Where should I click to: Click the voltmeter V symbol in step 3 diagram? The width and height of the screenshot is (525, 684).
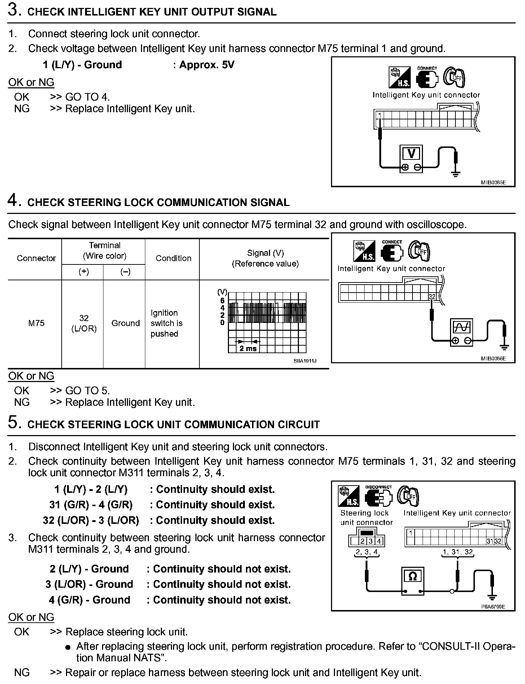point(411,154)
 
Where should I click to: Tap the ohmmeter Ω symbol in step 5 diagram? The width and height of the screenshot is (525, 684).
point(412,576)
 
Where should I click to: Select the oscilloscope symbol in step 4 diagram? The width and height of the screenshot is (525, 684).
point(462,327)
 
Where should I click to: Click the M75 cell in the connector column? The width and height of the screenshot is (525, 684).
point(36,323)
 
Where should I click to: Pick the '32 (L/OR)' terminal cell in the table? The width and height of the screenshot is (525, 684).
point(84,323)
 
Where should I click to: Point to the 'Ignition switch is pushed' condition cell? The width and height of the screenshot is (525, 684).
point(167,323)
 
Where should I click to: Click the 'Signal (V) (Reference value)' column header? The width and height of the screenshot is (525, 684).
point(265,258)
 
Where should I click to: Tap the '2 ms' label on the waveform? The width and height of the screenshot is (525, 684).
point(248,348)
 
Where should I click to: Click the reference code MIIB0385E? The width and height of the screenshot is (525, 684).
point(493,183)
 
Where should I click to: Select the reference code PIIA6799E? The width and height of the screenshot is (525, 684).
point(493,606)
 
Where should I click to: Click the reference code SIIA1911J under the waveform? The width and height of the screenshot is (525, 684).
point(305,361)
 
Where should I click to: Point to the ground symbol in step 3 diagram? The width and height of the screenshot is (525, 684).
point(456,174)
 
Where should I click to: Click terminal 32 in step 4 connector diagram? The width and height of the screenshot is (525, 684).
point(432,297)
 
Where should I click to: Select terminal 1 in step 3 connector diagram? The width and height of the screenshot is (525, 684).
point(380,115)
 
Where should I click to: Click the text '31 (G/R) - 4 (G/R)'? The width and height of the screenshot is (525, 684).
point(91,505)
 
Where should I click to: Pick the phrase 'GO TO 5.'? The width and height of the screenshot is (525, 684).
point(88,390)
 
